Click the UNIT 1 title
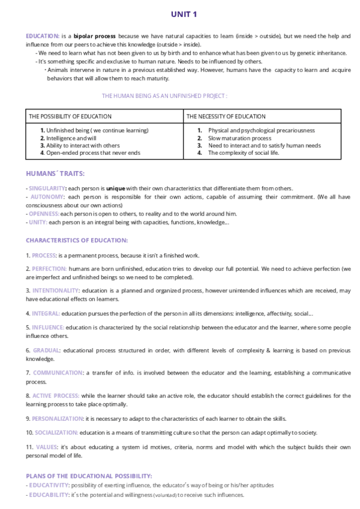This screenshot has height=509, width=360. point(184,14)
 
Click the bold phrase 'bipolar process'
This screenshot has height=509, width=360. point(95,36)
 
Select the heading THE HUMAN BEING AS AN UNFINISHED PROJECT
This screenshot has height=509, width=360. point(164,96)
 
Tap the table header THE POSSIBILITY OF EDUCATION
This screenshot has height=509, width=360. point(70,116)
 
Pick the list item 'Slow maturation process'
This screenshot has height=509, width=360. point(239,138)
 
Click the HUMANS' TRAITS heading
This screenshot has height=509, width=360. point(55,174)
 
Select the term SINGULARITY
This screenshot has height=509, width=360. point(47,188)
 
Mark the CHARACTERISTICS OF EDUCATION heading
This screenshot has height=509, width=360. point(77,240)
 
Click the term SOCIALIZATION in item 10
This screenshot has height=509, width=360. point(56,433)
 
